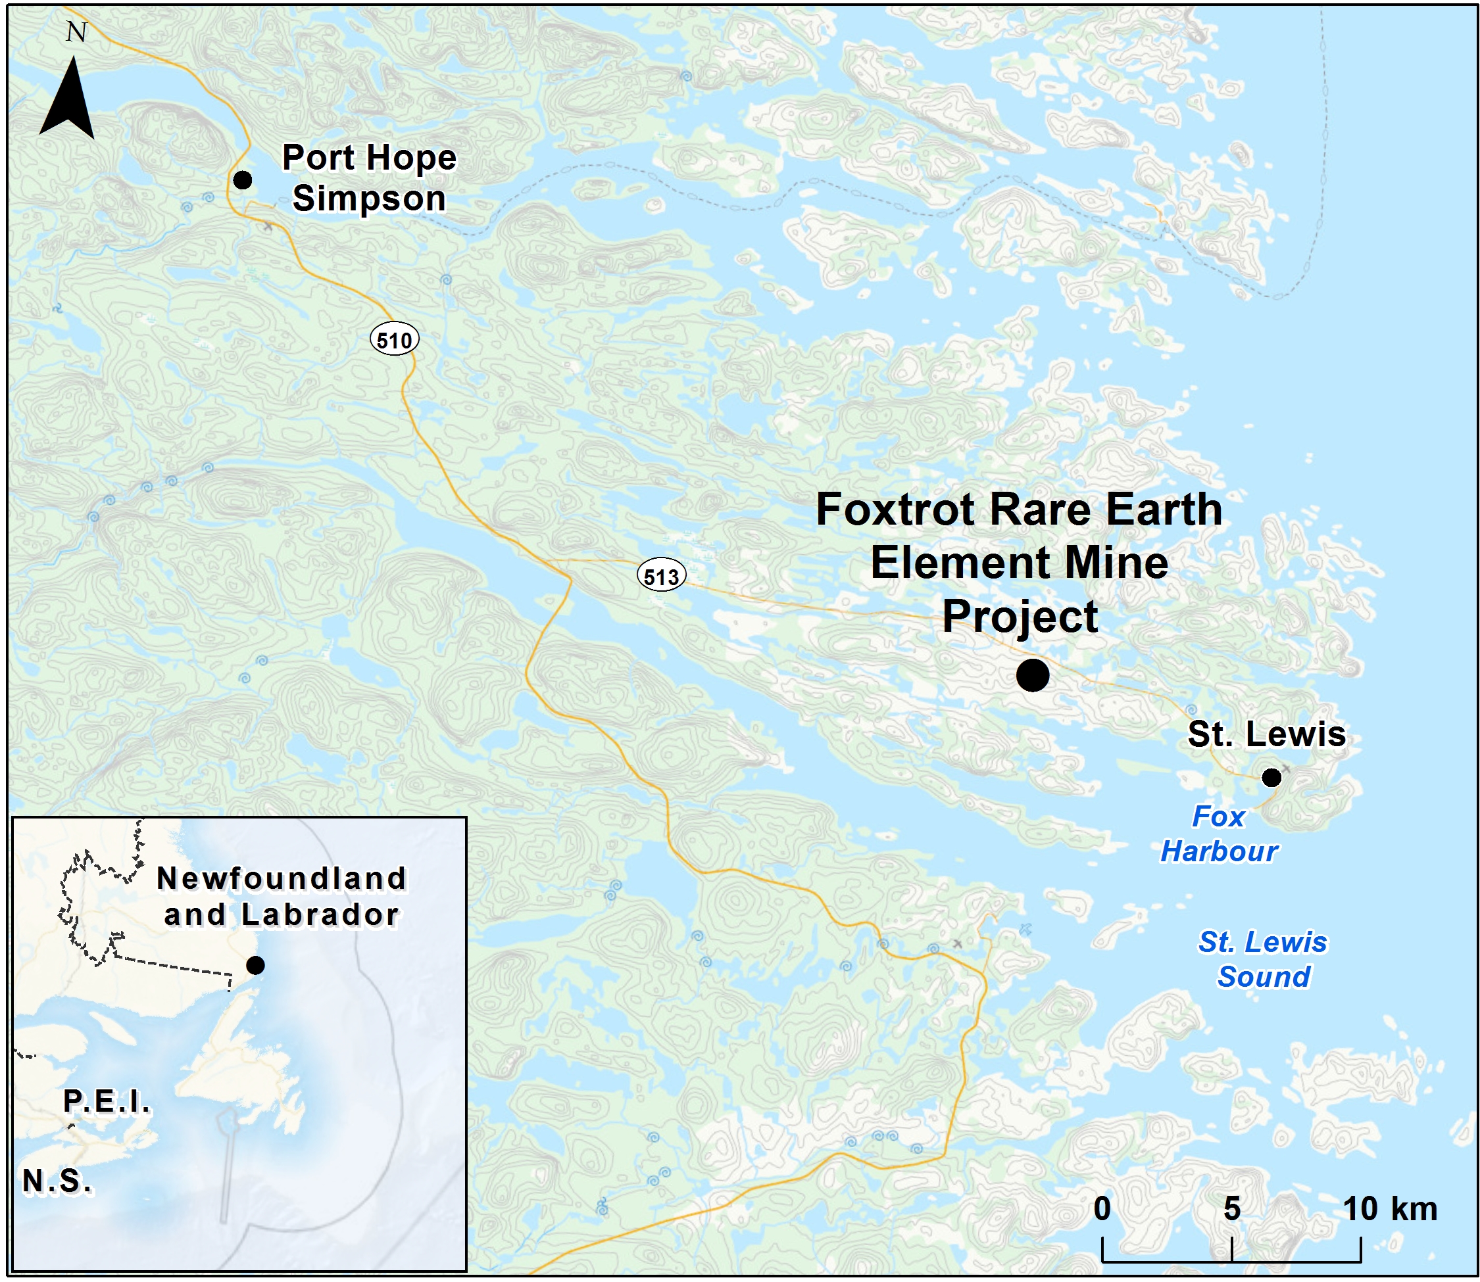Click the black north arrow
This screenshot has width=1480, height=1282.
click(x=66, y=100)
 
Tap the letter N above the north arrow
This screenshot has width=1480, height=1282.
click(x=76, y=33)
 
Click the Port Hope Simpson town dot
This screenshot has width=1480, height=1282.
click(x=243, y=179)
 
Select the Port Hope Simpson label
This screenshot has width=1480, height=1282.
click(x=368, y=178)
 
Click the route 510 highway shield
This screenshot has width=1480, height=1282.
click(x=394, y=340)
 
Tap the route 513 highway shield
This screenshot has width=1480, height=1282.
click(x=661, y=576)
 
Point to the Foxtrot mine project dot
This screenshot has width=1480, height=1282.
click(x=1033, y=675)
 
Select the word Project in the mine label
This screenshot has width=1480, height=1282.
click(x=1020, y=617)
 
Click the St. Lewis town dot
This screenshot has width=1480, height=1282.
click(x=1271, y=777)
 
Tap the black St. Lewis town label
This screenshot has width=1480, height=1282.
click(x=1266, y=734)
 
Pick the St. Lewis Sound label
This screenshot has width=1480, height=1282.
click(x=1263, y=959)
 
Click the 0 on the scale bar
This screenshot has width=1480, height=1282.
click(x=1102, y=1208)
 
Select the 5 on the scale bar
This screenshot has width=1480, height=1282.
click(x=1231, y=1208)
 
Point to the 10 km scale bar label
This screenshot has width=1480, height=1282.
click(x=1389, y=1208)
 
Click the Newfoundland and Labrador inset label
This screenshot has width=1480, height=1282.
click(x=282, y=896)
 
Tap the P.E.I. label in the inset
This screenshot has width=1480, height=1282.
click(x=107, y=1102)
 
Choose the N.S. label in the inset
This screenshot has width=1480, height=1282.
click(x=57, y=1181)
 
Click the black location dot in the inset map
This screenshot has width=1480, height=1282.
click(x=255, y=965)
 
